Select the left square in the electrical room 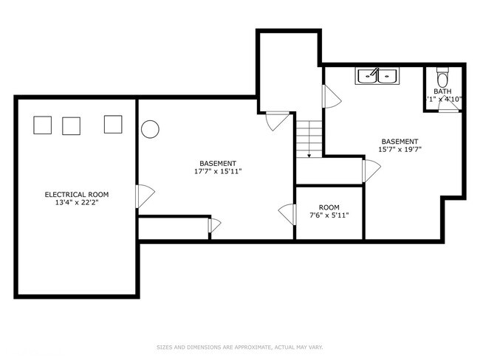[x=43, y=125]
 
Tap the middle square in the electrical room [x=71, y=126]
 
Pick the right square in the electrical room [x=113, y=125]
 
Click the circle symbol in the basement [x=150, y=129]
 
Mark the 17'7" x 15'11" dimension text [x=218, y=171]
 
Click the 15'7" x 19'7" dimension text [x=400, y=149]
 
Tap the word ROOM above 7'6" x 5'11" [x=329, y=207]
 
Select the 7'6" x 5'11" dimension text [x=329, y=215]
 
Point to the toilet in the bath [x=442, y=77]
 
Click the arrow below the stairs [x=309, y=155]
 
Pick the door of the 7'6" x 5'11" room [x=286, y=215]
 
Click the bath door [x=448, y=105]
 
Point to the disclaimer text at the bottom [x=239, y=347]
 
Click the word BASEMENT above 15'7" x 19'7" [x=400, y=141]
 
